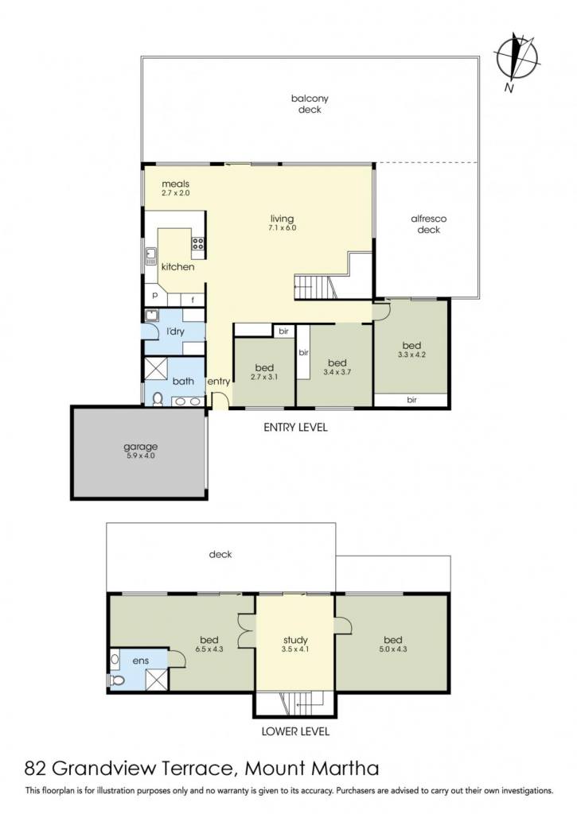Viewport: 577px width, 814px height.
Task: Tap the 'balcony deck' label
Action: click(310, 104)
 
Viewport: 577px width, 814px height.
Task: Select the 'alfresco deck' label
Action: click(429, 224)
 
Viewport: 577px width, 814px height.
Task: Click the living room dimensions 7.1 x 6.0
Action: click(283, 228)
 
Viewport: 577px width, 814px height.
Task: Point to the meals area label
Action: click(176, 184)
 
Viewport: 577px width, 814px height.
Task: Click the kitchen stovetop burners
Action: click(197, 243)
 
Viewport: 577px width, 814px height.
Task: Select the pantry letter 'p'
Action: click(155, 296)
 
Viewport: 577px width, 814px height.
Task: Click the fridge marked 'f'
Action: click(193, 300)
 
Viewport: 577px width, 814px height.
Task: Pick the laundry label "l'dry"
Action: click(175, 331)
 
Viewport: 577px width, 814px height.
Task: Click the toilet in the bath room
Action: click(158, 399)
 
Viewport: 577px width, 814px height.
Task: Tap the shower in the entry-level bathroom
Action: click(156, 369)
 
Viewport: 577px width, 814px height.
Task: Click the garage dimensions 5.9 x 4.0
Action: click(141, 455)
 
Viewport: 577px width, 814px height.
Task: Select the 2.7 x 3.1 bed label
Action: click(264, 377)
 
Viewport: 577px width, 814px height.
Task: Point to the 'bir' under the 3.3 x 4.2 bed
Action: click(411, 400)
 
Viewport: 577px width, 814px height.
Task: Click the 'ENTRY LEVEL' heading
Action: click(296, 427)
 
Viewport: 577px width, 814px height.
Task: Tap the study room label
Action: click(296, 640)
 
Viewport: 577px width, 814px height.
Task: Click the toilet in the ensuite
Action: click(116, 680)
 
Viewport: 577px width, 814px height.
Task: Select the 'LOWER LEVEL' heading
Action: click(295, 731)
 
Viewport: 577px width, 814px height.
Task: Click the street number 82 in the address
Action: click(36, 769)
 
